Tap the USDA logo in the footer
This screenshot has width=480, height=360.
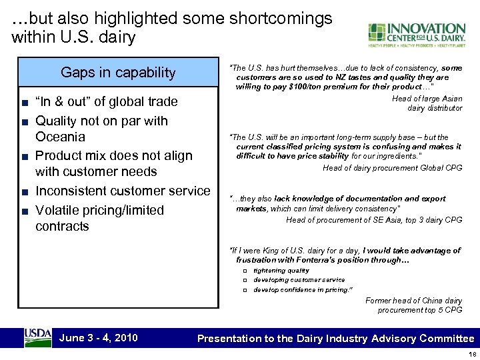click(37, 337)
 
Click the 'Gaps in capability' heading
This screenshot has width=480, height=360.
click(118, 73)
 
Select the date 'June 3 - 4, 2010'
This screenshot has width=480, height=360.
click(99, 337)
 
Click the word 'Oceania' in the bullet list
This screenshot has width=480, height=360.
click(61, 137)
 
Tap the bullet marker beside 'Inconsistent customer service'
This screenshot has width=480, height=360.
click(24, 192)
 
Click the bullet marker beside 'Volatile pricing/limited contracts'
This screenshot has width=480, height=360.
click(24, 211)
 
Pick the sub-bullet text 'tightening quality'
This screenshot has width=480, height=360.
click(281, 271)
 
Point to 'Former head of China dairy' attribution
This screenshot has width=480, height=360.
click(413, 301)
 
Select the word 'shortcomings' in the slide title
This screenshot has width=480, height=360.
click(280, 19)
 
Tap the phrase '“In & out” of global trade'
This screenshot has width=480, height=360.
click(107, 102)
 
